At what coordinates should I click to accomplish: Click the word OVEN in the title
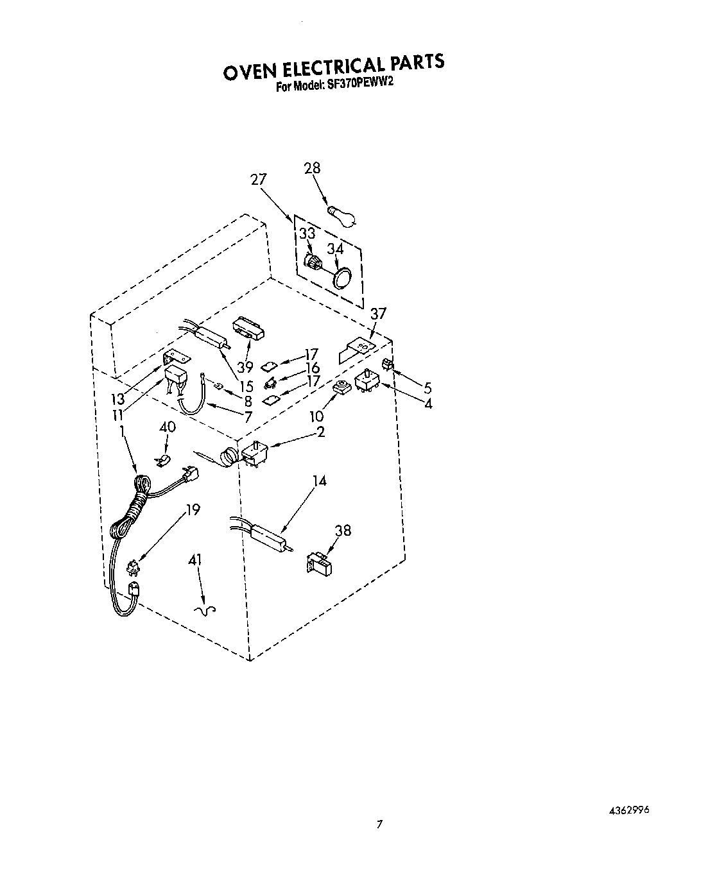pyautogui.click(x=252, y=72)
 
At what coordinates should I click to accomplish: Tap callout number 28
pyautogui.click(x=312, y=168)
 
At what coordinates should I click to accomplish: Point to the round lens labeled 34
pyautogui.click(x=343, y=278)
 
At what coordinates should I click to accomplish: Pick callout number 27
pyautogui.click(x=259, y=180)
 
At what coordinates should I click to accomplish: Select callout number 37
pyautogui.click(x=379, y=313)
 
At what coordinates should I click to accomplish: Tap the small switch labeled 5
pyautogui.click(x=388, y=365)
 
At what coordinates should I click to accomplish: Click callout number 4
pyautogui.click(x=428, y=404)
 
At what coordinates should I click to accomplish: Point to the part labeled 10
pyautogui.click(x=340, y=386)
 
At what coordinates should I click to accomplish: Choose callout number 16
pyautogui.click(x=313, y=368)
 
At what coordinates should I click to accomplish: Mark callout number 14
pyautogui.click(x=320, y=481)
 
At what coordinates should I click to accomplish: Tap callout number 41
pyautogui.click(x=194, y=560)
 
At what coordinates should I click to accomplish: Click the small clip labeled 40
pyautogui.click(x=164, y=459)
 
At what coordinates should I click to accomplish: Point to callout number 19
pyautogui.click(x=193, y=509)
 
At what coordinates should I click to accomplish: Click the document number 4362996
pyautogui.click(x=630, y=810)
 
